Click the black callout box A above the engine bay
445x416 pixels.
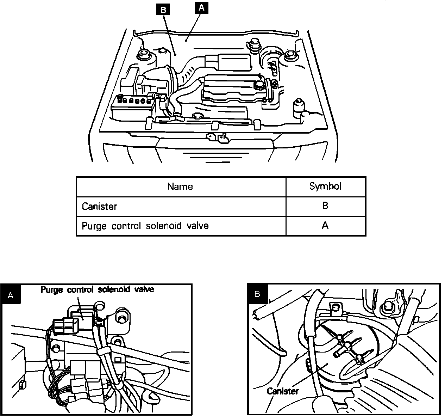point(201,8)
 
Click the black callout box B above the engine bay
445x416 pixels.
point(163,10)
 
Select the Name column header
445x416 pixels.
point(180,186)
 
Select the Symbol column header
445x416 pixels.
point(325,186)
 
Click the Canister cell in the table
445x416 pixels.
point(99,206)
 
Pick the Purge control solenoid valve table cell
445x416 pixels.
point(145,226)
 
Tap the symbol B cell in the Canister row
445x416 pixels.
point(325,206)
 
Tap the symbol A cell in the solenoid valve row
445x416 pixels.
point(325,225)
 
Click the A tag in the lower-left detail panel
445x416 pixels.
point(11,295)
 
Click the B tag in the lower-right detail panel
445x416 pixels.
point(257,294)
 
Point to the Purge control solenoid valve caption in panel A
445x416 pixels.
point(97,290)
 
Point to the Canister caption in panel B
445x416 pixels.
point(282,391)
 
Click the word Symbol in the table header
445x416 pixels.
point(325,186)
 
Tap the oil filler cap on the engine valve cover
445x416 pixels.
point(258,85)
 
